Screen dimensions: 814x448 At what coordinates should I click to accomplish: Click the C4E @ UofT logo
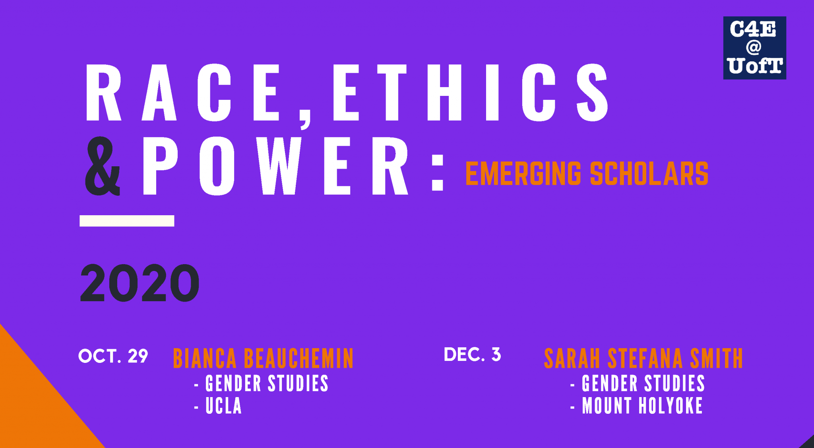tap(754, 48)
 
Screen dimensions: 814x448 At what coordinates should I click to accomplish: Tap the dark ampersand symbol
tap(103, 166)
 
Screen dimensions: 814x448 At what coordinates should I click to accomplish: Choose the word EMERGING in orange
tap(523, 173)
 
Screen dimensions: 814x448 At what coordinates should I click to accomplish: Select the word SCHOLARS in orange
tap(649, 173)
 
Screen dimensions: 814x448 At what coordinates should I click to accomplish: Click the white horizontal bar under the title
tap(127, 221)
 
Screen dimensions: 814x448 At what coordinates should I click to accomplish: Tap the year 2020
tap(140, 282)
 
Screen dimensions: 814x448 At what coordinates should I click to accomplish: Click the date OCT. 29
tap(113, 356)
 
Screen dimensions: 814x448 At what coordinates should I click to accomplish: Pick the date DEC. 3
tap(472, 355)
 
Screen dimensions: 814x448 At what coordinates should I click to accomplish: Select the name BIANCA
tap(205, 358)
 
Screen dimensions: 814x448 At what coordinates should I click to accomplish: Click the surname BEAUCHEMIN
tap(298, 358)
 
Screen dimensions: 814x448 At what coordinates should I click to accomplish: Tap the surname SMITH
tap(717, 358)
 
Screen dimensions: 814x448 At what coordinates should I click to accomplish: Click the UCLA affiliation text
tap(223, 406)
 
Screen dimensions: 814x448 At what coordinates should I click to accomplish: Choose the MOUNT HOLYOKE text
tap(642, 406)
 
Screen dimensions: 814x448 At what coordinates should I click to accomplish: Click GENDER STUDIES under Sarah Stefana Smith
tap(643, 384)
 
